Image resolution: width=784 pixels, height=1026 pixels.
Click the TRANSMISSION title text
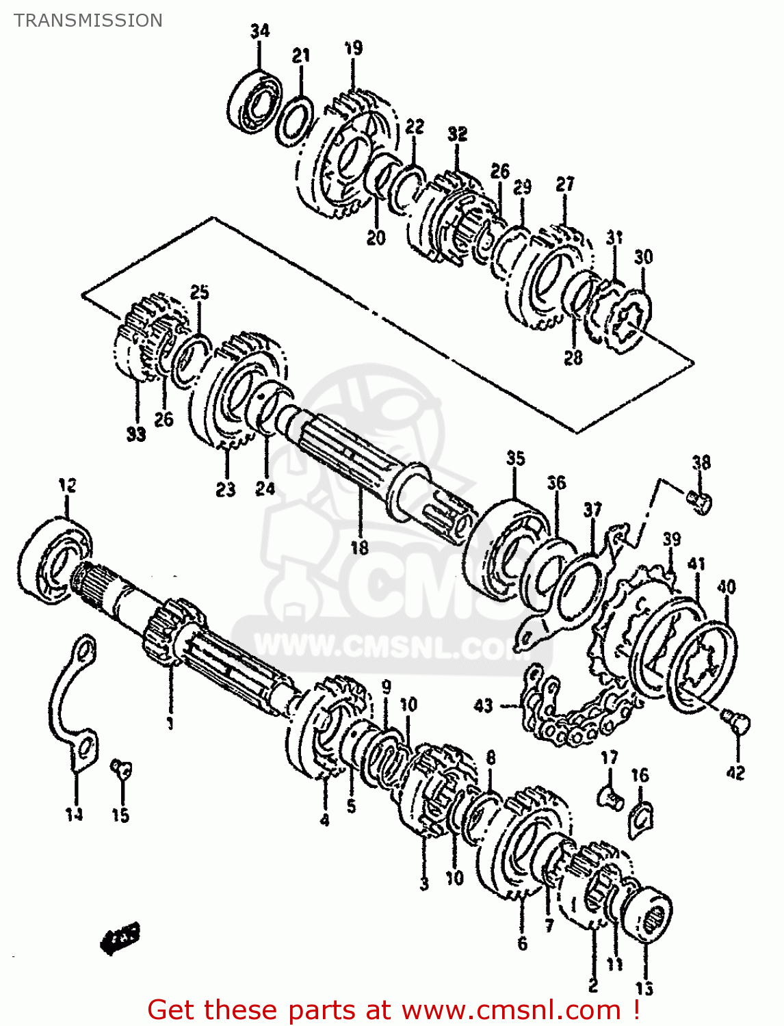point(88,21)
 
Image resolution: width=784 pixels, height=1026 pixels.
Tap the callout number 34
point(260,31)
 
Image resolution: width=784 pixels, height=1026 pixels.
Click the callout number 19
point(353,49)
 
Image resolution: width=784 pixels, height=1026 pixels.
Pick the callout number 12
point(67,486)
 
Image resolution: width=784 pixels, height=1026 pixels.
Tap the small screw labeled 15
point(122,770)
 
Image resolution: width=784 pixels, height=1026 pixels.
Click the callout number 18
point(359,547)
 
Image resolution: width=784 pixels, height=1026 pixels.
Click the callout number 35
point(515,458)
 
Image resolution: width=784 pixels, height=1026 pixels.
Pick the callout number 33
point(136,434)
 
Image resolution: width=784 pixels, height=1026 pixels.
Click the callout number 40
point(726,587)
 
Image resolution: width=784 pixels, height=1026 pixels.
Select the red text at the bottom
point(393,1010)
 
